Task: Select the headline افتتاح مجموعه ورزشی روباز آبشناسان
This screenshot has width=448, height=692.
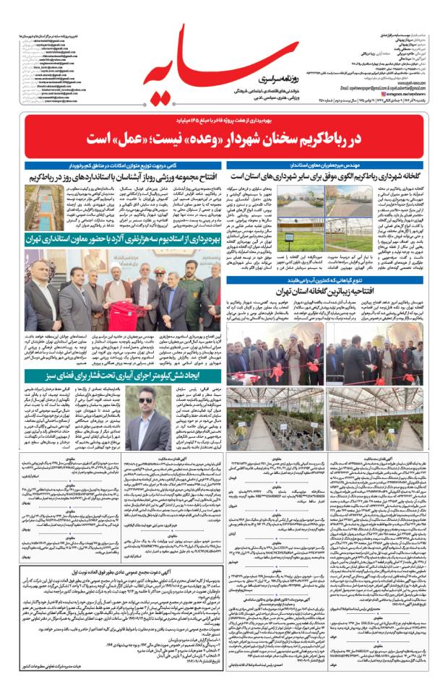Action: click(117, 175)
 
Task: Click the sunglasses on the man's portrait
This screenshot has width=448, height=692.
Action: click(145, 399)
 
